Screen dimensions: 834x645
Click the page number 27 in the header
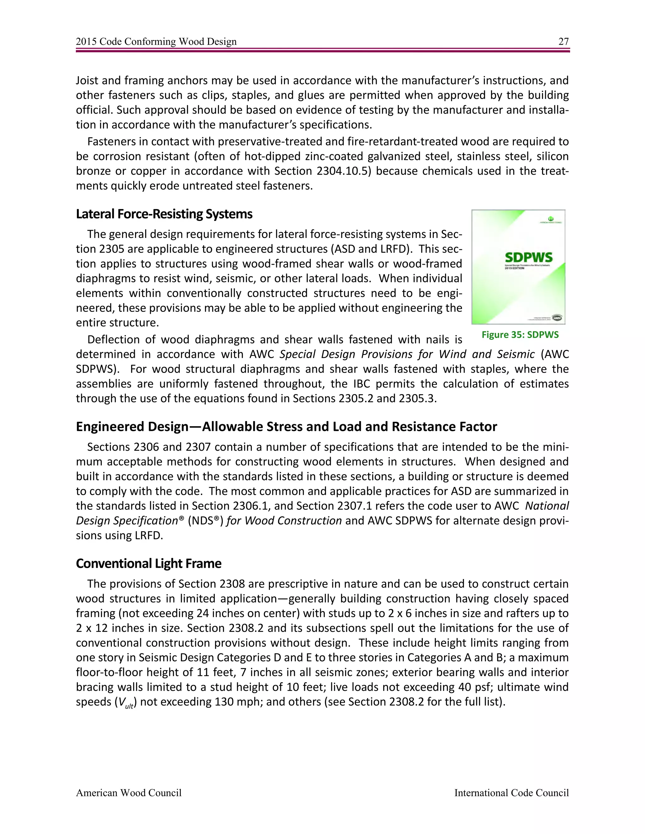[x=563, y=41]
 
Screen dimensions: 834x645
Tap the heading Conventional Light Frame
[x=148, y=563]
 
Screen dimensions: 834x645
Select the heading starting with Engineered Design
[x=286, y=426]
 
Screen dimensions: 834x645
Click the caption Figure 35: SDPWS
[x=520, y=335]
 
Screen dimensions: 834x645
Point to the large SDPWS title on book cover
[x=528, y=257]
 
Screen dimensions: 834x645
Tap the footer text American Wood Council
[x=128, y=793]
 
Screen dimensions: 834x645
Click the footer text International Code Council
[x=511, y=793]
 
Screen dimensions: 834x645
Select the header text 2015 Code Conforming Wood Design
[x=156, y=41]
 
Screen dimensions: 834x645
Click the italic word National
[x=547, y=506]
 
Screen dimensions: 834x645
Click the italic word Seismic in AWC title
[x=516, y=354]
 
